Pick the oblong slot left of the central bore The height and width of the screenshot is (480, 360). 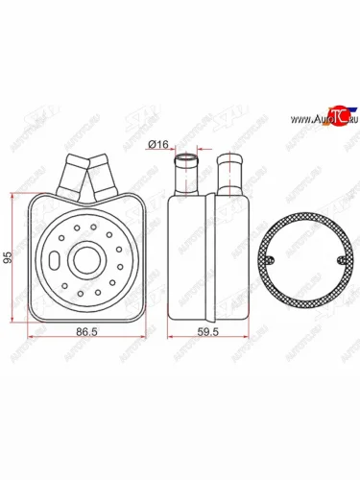coord(57,259)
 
